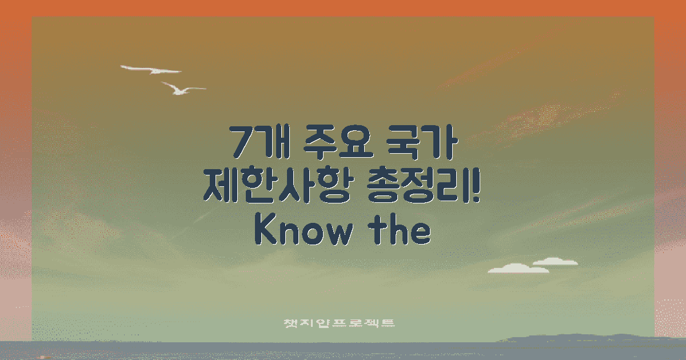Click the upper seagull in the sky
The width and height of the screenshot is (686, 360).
point(151,70)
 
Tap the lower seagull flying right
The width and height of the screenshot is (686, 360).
point(182,89)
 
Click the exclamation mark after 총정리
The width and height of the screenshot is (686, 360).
point(477,186)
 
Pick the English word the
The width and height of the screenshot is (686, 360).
point(403,230)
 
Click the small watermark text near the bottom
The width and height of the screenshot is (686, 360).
point(340,323)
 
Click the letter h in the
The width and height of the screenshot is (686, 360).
point(402,230)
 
